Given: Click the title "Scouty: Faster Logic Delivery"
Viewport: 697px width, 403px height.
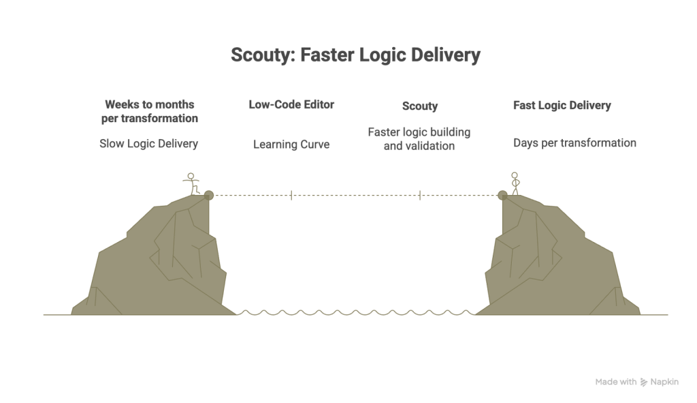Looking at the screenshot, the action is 355,55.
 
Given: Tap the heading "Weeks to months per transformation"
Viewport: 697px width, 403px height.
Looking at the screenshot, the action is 149,111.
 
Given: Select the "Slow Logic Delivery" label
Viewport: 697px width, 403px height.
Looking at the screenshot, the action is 148,143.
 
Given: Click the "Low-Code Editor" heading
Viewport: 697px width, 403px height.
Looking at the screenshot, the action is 291,104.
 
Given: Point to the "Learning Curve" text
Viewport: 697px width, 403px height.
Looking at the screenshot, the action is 291,145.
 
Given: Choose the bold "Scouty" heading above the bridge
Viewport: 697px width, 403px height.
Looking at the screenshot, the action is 420,106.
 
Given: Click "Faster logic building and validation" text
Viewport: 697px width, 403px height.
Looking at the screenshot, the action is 419,139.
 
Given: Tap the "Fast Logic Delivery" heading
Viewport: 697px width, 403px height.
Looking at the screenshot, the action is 562,105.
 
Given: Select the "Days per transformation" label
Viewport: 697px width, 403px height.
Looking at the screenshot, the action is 574,143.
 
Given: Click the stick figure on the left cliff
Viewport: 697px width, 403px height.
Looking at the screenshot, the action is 191,184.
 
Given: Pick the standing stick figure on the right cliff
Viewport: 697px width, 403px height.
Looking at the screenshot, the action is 515,183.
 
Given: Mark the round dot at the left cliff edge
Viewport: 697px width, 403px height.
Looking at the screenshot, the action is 208,195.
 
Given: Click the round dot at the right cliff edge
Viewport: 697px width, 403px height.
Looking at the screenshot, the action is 502,195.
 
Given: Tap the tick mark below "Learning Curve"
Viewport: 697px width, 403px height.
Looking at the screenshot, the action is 291,195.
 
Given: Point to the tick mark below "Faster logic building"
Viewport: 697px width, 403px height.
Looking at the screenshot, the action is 419,195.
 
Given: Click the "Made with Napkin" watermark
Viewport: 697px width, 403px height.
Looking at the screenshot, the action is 636,382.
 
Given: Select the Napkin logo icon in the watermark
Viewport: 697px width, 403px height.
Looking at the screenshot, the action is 644,382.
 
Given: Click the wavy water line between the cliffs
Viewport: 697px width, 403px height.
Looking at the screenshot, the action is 355,312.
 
